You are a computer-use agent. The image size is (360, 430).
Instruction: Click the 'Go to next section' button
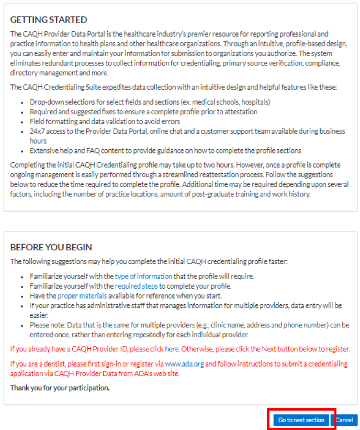pos(301,420)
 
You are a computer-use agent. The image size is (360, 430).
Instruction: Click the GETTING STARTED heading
pos(49,20)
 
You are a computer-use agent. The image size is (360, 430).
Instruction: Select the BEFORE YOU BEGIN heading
pos(51,247)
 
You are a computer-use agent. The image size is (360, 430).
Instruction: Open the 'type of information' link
pos(143,276)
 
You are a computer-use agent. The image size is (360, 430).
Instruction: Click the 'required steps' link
pos(137,286)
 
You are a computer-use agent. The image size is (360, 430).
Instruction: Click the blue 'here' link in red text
pos(172,349)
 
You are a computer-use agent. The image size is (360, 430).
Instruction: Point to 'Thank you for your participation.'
pos(60,388)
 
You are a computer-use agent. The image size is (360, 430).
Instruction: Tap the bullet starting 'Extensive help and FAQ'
pos(165,150)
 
